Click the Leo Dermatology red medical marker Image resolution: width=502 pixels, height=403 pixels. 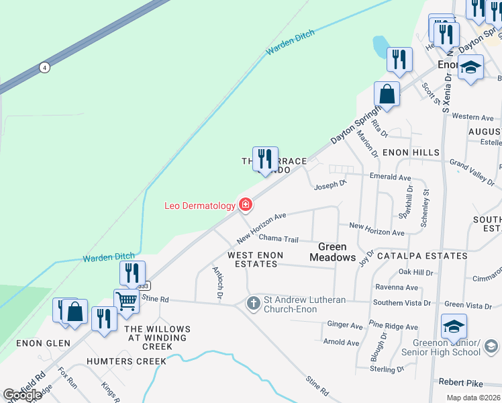pos(246,205)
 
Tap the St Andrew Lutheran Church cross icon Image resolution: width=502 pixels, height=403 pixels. pos(254,303)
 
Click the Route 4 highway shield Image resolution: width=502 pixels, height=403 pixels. pos(44,67)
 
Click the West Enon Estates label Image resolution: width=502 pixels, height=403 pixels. pos(255,259)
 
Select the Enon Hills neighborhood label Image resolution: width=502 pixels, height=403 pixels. pos(411,153)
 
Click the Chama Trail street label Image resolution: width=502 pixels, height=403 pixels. pos(278,238)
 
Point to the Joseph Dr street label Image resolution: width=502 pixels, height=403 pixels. pos(330,183)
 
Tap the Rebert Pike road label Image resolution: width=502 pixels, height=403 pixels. pos(460,383)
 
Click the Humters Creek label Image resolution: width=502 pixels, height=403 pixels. pos(126,361)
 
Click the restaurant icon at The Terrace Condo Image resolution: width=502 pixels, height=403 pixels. pos(265,159)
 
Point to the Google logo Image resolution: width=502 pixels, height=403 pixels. pos(22,395)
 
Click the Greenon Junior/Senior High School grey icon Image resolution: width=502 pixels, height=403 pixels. pos(491,347)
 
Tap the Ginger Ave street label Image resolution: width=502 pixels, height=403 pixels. pos(345,325)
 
